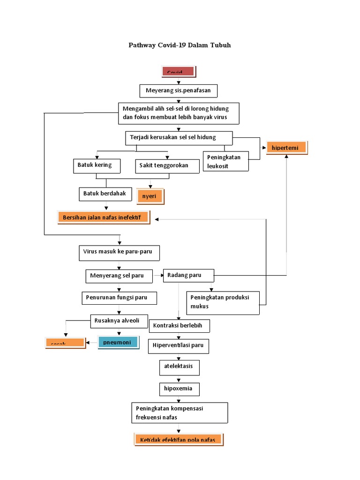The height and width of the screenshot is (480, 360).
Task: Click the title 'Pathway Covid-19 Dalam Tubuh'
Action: click(180, 45)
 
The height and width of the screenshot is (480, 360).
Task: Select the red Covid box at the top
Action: click(179, 72)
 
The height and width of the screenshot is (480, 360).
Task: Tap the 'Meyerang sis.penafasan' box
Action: click(179, 90)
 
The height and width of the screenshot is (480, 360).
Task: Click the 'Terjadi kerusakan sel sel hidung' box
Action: click(179, 138)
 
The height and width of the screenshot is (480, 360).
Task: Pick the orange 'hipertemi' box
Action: click(286, 148)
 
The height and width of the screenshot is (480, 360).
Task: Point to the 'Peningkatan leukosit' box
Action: click(225, 161)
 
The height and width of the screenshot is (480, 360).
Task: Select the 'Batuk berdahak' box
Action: click(105, 194)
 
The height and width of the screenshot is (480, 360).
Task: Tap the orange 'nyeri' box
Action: click(150, 196)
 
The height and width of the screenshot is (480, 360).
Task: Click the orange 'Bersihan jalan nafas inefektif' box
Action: click(104, 217)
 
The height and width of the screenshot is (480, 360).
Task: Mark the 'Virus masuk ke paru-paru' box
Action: click(119, 252)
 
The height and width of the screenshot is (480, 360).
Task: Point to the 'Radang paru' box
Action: click(188, 276)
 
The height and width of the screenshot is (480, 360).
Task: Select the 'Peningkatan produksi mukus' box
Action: click(223, 302)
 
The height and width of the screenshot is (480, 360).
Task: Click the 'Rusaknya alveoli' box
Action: click(119, 321)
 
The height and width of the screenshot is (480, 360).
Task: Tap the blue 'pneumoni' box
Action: click(118, 342)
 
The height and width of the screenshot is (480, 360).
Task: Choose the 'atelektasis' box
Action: click(179, 367)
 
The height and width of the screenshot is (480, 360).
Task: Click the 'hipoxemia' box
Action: click(179, 389)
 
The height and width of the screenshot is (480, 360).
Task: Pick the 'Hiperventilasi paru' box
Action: click(179, 346)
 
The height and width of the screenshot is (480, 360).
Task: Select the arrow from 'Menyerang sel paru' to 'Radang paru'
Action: click(157, 276)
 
